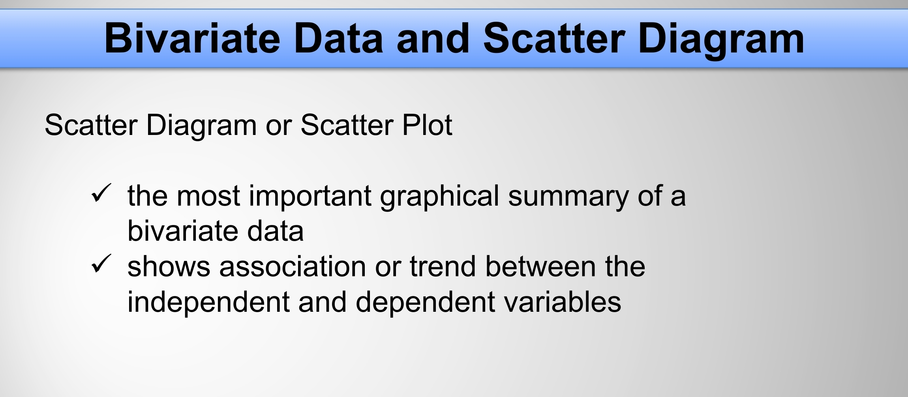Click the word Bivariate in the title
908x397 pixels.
pos(192,39)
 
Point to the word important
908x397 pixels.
pos(310,196)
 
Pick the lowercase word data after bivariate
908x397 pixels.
pos(275,231)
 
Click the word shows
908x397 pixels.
pos(169,266)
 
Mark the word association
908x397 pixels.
pos(293,266)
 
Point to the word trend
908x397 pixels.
pos(443,266)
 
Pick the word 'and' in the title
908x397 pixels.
pos(433,39)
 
